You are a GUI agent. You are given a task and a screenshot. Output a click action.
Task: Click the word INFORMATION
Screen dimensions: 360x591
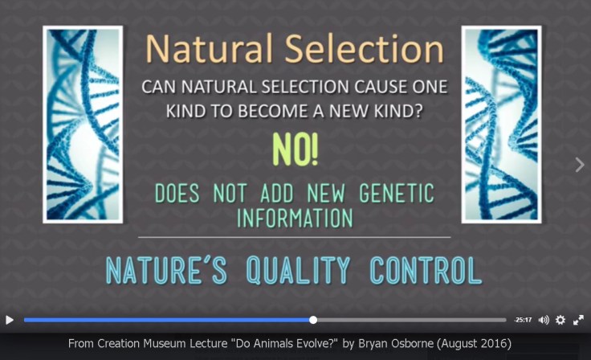(295, 217)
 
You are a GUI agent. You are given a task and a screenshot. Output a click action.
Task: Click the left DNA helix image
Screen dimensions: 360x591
(83, 125)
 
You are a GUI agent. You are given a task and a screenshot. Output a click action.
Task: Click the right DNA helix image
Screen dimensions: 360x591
(501, 125)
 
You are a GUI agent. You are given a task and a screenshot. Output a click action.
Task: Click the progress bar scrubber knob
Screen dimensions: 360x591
(313, 320)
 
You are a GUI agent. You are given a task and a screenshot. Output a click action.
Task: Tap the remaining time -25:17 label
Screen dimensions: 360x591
(524, 320)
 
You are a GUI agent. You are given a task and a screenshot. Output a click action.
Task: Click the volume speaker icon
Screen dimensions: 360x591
(544, 320)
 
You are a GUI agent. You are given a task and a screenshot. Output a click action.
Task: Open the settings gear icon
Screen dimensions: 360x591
(560, 320)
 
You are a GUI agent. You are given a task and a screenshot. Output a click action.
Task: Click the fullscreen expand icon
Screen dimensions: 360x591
(578, 320)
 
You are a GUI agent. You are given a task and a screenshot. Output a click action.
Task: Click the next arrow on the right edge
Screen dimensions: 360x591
(580, 165)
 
